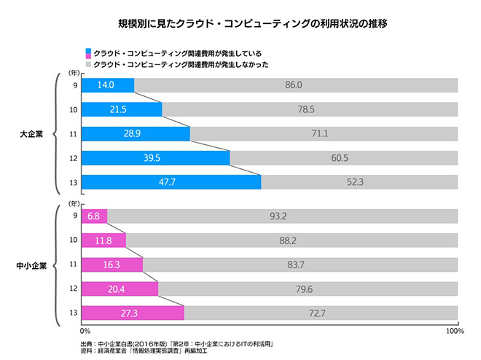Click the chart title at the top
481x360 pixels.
(240, 23)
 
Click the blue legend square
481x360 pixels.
(88, 53)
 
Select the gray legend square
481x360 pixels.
(88, 63)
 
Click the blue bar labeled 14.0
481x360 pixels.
(107, 85)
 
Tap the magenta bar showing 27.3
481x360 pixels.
(133, 313)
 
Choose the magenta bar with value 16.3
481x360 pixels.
(112, 265)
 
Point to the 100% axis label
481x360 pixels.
(455, 331)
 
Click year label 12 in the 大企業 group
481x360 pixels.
(74, 158)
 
